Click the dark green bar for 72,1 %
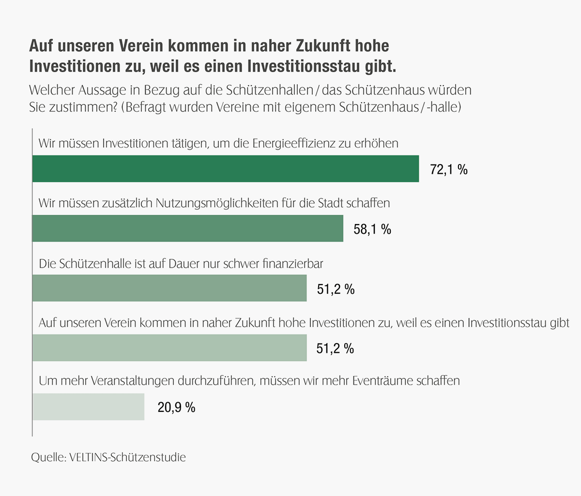pos(226,168)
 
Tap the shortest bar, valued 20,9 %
pos(89,406)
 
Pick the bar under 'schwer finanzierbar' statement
pos(169,288)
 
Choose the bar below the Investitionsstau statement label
pos(169,347)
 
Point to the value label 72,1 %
pos(449,169)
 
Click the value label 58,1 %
pos(372,229)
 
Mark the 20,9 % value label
pos(176,407)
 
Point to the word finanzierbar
pos(292,264)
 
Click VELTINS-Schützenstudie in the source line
pos(128,457)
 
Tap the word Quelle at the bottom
pos(48,457)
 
